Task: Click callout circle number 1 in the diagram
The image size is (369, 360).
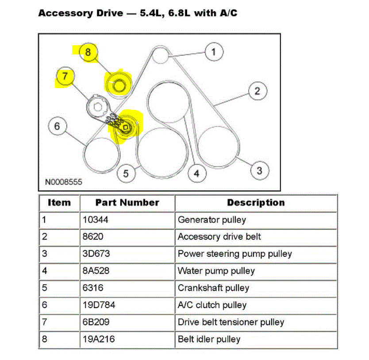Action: pyautogui.click(x=214, y=52)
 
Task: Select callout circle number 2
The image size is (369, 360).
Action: pyautogui.click(x=257, y=92)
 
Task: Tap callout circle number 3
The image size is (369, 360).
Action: pyautogui.click(x=259, y=170)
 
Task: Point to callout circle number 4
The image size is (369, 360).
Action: pyautogui.click(x=196, y=173)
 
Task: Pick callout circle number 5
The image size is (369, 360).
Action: pyautogui.click(x=126, y=173)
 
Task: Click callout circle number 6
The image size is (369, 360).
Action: pyautogui.click(x=57, y=126)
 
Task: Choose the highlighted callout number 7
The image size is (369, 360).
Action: pyautogui.click(x=65, y=76)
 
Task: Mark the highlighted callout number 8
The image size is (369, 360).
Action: pyautogui.click(x=88, y=52)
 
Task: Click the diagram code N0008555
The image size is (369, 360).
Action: pyautogui.click(x=63, y=182)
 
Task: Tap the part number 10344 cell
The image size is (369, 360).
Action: pyautogui.click(x=93, y=220)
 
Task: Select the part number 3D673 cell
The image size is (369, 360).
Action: pyautogui.click(x=96, y=254)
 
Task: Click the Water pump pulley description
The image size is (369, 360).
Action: pyautogui.click(x=216, y=271)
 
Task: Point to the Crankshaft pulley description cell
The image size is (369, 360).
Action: pyautogui.click(x=213, y=288)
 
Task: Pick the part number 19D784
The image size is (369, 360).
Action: pyautogui.click(x=99, y=305)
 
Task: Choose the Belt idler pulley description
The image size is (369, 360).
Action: pyautogui.click(x=209, y=339)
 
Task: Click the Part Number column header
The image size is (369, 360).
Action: pyautogui.click(x=127, y=203)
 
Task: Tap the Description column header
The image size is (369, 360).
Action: pyautogui.click(x=256, y=203)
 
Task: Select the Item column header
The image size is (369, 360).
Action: pyautogui.click(x=59, y=203)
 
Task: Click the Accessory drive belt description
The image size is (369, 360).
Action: pyautogui.click(x=219, y=236)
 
